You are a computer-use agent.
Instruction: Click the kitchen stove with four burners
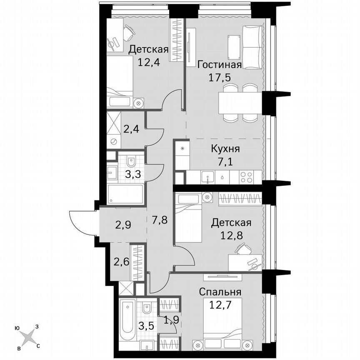pos(247,177)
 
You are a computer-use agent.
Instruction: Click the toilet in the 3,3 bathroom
pos(131,161)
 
